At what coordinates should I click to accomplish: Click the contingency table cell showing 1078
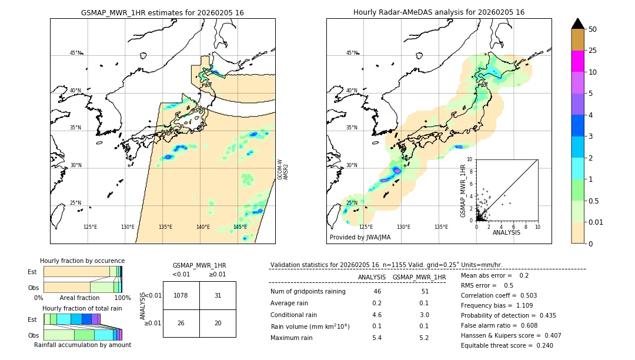coord(181,295)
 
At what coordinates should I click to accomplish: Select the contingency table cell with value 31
coord(218,295)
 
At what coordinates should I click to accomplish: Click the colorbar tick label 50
coord(593,29)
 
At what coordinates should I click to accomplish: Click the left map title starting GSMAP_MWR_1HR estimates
coord(162,12)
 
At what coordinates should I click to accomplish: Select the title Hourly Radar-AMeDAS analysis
coord(439,12)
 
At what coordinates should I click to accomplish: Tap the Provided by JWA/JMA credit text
coord(360,237)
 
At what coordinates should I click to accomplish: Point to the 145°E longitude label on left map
coord(240,226)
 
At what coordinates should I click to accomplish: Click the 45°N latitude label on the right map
coord(352,53)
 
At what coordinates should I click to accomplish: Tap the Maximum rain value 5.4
coord(377,338)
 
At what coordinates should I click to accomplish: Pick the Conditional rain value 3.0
coord(423,315)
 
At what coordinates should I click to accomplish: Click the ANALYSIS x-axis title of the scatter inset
coord(506,232)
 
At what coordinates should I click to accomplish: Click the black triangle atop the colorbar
coord(578,24)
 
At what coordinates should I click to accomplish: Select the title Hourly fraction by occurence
coord(82,261)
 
